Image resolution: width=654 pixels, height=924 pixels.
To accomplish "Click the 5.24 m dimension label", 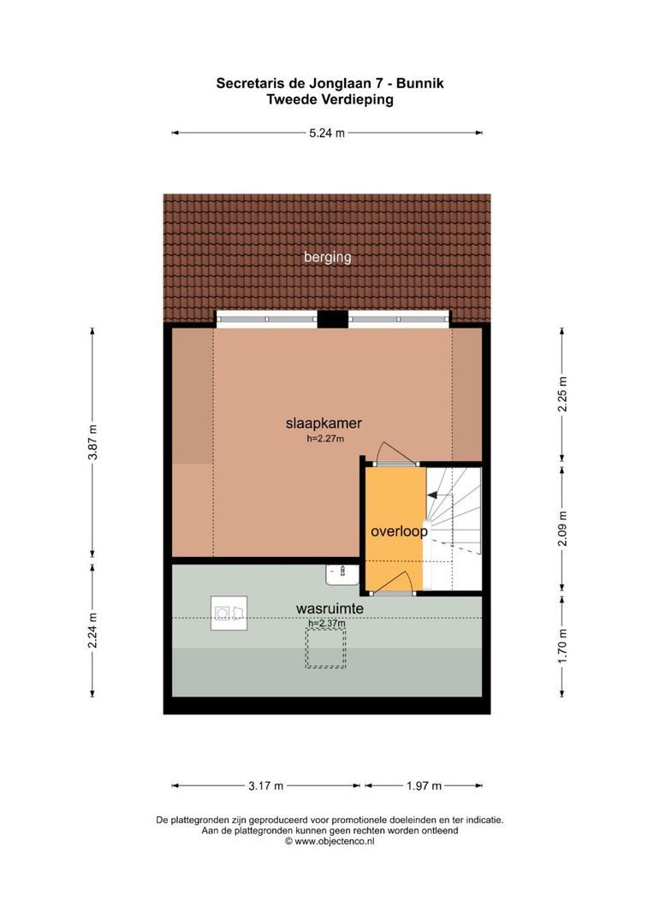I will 326,133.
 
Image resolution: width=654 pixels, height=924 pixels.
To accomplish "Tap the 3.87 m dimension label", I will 92,442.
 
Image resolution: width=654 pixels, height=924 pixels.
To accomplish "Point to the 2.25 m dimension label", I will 562,394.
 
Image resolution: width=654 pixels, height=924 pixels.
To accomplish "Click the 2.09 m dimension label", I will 562,527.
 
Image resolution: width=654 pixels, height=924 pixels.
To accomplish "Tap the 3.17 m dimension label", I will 265,785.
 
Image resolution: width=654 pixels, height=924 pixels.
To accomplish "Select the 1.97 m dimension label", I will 424,785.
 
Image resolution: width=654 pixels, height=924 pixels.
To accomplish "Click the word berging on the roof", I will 328,257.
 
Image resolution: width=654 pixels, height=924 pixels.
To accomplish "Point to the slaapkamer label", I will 324,423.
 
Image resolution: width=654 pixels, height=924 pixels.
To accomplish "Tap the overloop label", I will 399,531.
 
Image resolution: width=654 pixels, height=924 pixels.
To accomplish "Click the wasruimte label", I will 330,608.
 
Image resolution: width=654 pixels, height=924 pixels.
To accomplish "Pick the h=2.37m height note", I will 326,623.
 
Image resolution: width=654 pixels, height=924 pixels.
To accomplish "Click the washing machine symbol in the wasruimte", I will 229,613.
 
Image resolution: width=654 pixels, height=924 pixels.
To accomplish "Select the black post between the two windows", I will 332,319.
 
